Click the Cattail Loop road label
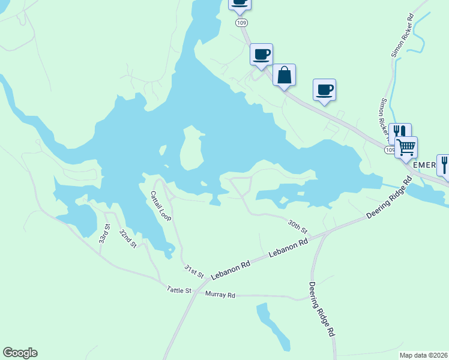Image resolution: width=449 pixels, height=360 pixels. pyautogui.click(x=161, y=206)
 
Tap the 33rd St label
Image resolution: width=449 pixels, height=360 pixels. pyautogui.click(x=105, y=233)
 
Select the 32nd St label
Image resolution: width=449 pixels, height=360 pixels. pyautogui.click(x=128, y=238)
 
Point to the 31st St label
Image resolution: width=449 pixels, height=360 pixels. pyautogui.click(x=194, y=271)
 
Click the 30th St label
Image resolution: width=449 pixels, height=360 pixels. pyautogui.click(x=297, y=226)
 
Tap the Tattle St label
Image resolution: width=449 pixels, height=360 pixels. pyautogui.click(x=179, y=290)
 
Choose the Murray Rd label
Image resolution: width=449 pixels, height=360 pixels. pyautogui.click(x=220, y=295)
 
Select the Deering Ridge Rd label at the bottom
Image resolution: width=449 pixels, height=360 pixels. pyautogui.click(x=322, y=309)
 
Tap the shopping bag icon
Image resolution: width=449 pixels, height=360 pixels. pyautogui.click(x=285, y=76)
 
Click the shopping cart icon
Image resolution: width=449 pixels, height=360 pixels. pyautogui.click(x=406, y=147)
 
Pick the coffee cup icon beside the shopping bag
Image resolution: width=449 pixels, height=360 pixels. pyautogui.click(x=262, y=55)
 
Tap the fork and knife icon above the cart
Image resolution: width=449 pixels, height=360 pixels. pyautogui.click(x=399, y=132)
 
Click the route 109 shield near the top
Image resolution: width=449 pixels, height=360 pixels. pyautogui.click(x=241, y=23)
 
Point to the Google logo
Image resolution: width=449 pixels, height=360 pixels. pyautogui.click(x=20, y=353)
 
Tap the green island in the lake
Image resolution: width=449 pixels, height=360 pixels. pyautogui.click(x=191, y=148)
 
